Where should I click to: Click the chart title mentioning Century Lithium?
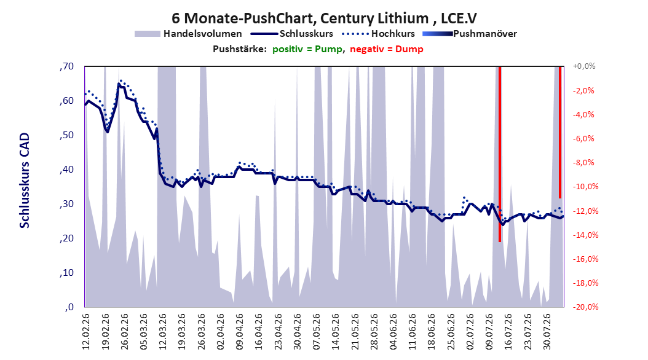324,18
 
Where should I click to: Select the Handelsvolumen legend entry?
188,34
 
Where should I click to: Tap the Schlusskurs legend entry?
292,34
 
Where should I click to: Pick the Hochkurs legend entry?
379,34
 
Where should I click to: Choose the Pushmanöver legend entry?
470,34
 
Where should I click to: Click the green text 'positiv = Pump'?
307,49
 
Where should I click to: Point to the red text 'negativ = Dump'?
387,49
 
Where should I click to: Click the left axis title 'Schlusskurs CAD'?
25,181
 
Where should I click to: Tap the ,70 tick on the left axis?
66,66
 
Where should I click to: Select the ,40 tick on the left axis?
66,170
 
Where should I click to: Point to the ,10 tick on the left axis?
66,273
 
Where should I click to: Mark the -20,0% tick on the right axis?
585,307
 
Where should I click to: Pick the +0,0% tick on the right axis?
584,66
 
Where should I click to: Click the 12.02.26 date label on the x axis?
86,332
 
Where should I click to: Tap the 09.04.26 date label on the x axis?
240,332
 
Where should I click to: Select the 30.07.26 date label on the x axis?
547,332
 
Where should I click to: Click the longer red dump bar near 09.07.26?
500,154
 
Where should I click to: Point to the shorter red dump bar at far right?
560,132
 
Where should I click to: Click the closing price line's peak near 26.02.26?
119,84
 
